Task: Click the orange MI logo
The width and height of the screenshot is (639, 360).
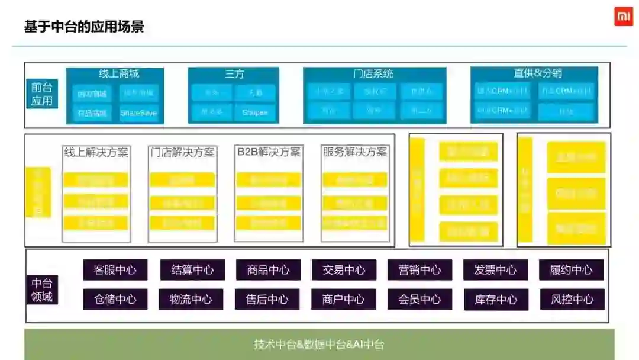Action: [623, 17]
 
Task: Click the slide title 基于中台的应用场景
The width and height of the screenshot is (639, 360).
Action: [83, 27]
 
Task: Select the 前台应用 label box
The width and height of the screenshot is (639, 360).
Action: [42, 94]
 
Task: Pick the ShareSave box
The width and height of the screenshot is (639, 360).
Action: [139, 112]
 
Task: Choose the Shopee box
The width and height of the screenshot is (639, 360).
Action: [255, 112]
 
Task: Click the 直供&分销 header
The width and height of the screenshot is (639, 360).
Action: [537, 73]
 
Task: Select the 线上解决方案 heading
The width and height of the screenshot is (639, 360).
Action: [96, 152]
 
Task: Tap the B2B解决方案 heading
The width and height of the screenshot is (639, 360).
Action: [269, 152]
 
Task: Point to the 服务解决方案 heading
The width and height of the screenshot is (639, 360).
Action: [355, 152]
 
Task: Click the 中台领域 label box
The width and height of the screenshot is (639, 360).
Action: [42, 290]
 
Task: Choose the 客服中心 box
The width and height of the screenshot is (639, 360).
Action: [115, 270]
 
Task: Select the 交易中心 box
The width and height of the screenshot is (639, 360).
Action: [344, 270]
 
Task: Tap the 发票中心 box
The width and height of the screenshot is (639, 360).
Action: [495, 270]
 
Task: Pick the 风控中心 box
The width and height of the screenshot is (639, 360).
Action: [572, 300]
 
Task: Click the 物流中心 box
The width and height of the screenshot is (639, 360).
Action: [191, 300]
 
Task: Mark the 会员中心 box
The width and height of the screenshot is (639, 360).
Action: [419, 300]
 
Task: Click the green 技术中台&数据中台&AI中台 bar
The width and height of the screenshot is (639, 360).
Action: [319, 345]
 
